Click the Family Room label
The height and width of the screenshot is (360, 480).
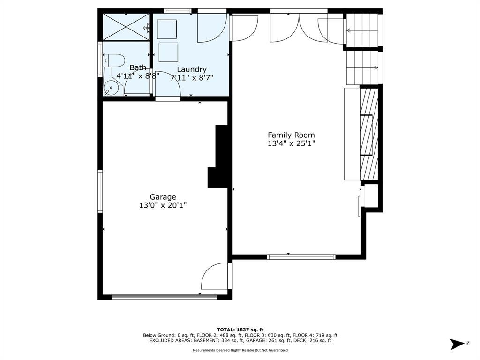tap(291, 135)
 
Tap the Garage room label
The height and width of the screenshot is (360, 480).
tap(163, 197)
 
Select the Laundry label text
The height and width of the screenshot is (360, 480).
tap(192, 69)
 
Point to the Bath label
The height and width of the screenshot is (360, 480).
tap(138, 67)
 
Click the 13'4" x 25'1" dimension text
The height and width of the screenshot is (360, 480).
tap(291, 143)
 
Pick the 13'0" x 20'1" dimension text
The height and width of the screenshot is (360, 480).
tap(163, 205)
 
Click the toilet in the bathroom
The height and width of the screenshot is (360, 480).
tap(113, 60)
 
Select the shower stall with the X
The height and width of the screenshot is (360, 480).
tap(126, 27)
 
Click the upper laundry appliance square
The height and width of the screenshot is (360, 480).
tap(167, 29)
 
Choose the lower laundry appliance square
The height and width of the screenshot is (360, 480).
tap(168, 52)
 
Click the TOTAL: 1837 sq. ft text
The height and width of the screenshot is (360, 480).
tap(240, 330)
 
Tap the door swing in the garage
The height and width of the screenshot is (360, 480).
tap(214, 276)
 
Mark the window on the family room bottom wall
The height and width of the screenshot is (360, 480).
tap(301, 257)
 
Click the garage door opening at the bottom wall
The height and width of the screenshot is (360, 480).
tap(165, 297)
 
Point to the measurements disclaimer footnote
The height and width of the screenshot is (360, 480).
tap(240, 350)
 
